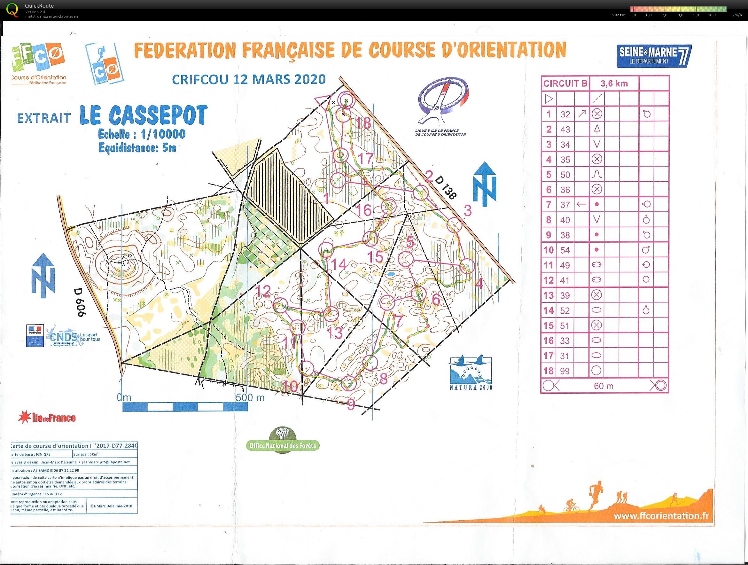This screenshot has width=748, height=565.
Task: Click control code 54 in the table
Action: click(x=565, y=250)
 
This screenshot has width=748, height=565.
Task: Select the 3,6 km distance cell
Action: click(x=614, y=83)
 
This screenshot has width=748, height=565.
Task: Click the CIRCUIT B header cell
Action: click(x=565, y=83)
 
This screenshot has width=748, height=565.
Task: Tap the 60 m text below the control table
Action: click(x=603, y=386)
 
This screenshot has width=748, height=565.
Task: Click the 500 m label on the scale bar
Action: click(x=250, y=397)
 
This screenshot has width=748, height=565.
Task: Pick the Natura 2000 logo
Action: click(x=470, y=373)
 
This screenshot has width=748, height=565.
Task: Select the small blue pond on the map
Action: click(x=391, y=273)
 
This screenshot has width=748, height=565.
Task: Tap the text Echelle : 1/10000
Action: click(x=142, y=134)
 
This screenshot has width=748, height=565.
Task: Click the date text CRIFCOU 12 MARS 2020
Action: click(x=249, y=80)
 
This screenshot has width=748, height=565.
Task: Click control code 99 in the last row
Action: click(x=565, y=371)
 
